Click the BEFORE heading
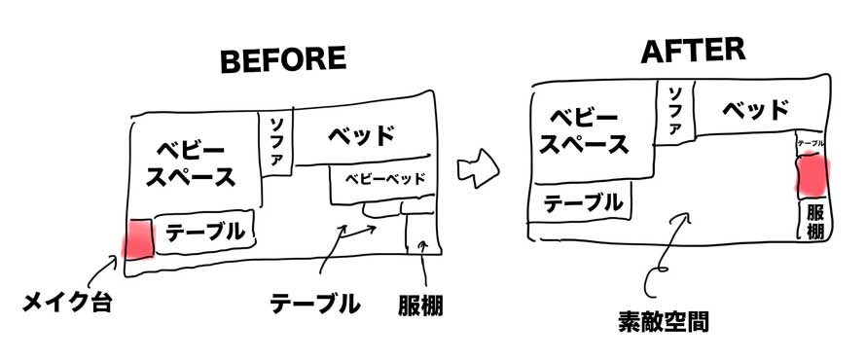[283, 59]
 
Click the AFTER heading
[693, 52]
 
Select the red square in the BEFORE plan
[138, 238]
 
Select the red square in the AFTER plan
[812, 176]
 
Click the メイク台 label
[67, 303]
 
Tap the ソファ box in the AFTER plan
[673, 112]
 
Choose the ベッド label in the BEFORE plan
[362, 136]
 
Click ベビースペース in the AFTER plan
[584, 130]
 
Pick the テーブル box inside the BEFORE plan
[204, 232]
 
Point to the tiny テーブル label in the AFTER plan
[812, 143]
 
